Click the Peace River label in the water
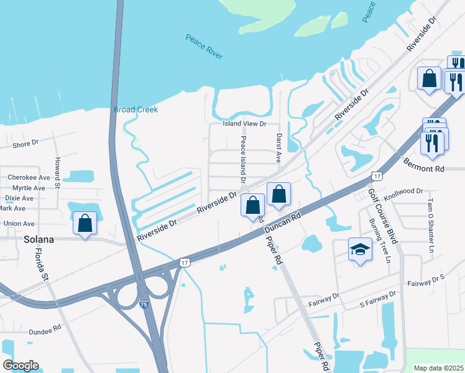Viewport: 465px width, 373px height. click(204, 47)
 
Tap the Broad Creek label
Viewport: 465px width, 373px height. click(136, 109)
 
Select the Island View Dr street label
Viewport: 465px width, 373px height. click(245, 124)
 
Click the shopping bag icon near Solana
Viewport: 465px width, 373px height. click(85, 223)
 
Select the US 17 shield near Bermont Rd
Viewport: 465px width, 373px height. click(375, 177)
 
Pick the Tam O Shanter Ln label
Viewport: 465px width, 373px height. click(431, 225)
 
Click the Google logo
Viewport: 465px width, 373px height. click(21, 366)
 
